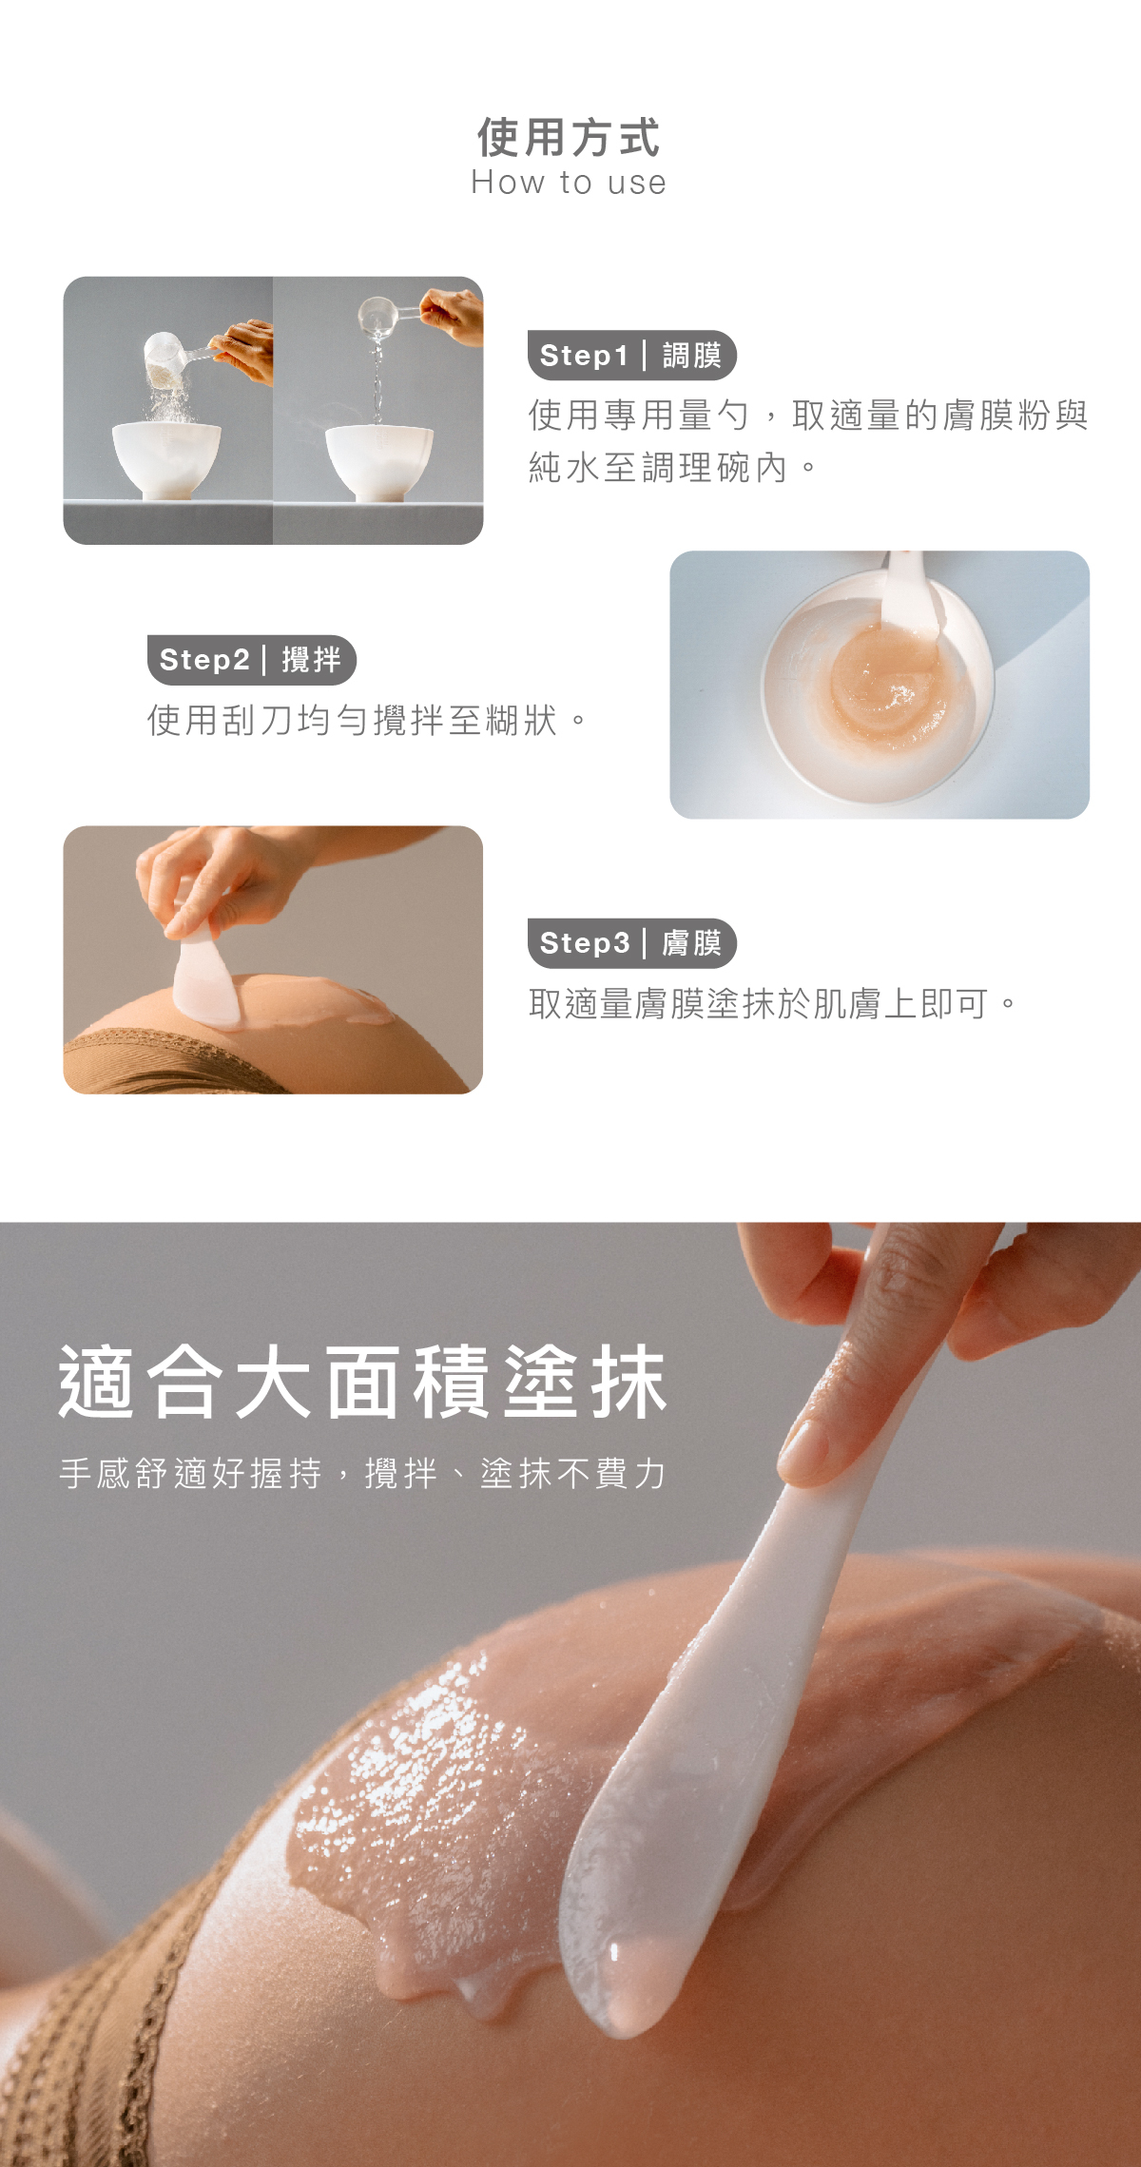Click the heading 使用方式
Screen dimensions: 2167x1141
coord(569,138)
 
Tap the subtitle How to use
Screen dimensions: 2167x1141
coord(569,183)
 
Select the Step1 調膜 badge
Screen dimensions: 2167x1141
coord(631,356)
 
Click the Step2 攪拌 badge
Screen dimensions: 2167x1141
coord(251,660)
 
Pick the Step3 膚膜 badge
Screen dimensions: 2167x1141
coord(631,943)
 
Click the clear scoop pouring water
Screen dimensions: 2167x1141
coord(377,315)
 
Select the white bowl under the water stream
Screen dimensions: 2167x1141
coord(378,459)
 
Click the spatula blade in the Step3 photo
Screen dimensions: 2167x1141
coord(205,979)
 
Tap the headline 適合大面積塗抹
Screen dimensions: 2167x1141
coord(363,1383)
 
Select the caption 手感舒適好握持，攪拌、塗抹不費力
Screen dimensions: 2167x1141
coord(363,1474)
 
